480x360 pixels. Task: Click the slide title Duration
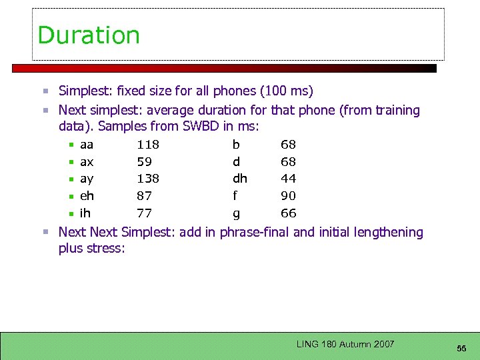pos(89,35)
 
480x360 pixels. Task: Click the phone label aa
pos(87,145)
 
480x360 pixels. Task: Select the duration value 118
pos(147,145)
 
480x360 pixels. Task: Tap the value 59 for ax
pos(144,162)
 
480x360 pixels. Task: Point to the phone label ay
pos(87,179)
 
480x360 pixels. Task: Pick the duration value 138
pos(147,179)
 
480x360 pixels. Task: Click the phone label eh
pos(87,196)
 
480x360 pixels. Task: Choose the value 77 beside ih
pos(144,213)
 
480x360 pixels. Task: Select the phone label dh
pos(239,179)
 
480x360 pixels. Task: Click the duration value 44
pos(289,179)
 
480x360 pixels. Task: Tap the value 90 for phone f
pos(289,196)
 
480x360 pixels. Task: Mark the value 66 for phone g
pos(289,213)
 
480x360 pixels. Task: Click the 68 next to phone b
pos(289,145)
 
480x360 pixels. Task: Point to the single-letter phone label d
pos(236,162)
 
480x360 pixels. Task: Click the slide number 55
pos(461,349)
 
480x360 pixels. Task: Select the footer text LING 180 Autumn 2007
pos(345,344)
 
